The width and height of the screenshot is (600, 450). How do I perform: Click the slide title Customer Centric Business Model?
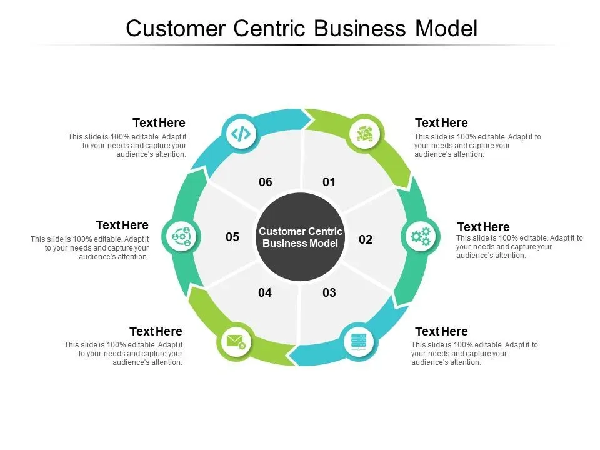point(301,29)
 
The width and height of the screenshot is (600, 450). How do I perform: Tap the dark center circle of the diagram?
point(301,237)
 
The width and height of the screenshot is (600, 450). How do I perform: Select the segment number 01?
point(329,182)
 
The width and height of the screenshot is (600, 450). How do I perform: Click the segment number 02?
point(366,239)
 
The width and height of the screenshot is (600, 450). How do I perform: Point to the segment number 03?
point(329,292)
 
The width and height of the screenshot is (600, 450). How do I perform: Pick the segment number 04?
point(265,292)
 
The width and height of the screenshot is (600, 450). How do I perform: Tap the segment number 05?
point(232,237)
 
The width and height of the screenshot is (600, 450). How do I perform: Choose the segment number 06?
point(266,182)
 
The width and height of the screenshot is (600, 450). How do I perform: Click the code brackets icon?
point(241,133)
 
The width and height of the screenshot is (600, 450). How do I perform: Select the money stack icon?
point(364,133)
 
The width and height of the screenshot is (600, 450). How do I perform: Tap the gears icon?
point(420,236)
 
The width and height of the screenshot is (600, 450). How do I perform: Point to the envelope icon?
point(235,342)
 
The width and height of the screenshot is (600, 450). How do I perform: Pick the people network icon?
point(181,236)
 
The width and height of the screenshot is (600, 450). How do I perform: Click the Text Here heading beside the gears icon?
point(483,227)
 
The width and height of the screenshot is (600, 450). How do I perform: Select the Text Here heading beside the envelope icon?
point(156,331)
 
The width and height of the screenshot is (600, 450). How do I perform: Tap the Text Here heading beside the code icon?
point(159,122)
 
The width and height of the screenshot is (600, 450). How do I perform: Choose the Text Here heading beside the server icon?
point(441,331)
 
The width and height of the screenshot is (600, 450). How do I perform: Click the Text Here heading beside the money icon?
point(441,122)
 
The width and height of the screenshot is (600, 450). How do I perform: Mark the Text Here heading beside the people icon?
point(122,225)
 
